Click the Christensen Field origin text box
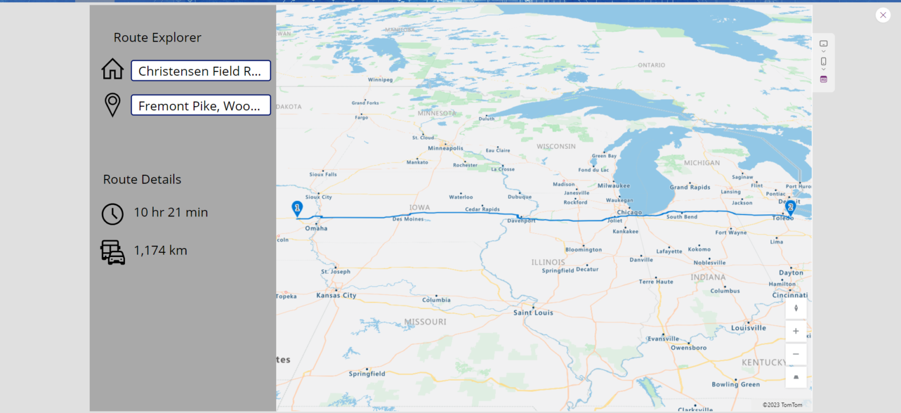[201, 71]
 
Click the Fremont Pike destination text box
[201, 106]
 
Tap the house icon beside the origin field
[113, 69]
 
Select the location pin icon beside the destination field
[113, 104]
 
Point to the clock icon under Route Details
[113, 214]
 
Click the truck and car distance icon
[113, 252]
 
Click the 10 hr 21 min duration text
[171, 212]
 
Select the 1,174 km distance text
[160, 250]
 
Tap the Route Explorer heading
[157, 38]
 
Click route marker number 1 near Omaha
[297, 208]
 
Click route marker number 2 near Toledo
[791, 207]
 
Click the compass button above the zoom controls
[796, 308]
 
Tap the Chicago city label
[629, 212]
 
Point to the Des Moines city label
[408, 219]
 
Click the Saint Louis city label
[533, 313]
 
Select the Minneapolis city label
[445, 148]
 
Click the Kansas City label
[336, 295]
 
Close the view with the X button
[883, 15]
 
